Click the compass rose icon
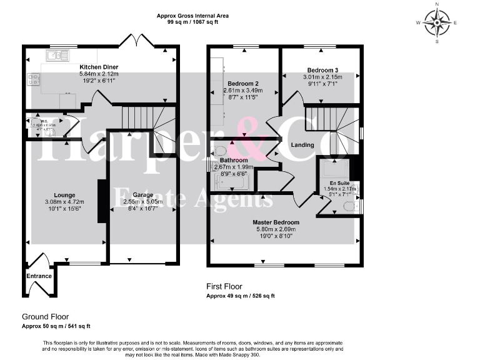[437, 23]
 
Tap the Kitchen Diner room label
[99, 67]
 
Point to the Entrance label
[39, 276]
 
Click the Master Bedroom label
[276, 222]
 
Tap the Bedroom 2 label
[243, 83]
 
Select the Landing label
[302, 145]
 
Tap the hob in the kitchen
[33, 79]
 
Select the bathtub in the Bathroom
[232, 182]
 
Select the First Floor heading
[224, 287]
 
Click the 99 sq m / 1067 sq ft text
[192, 22]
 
